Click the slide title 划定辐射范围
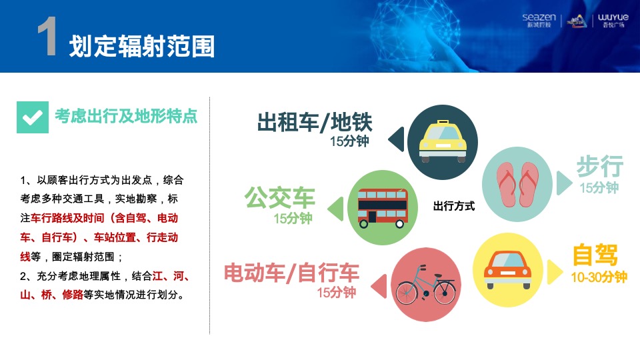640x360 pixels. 142,46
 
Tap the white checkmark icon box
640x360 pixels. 33,117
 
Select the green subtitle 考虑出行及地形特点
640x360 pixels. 126,117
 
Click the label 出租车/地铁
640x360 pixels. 315,123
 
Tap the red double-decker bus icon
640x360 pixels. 383,206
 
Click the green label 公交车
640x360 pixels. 279,197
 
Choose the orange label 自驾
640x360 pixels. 595,255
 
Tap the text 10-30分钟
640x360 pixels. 599,277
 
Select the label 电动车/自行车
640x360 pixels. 291,272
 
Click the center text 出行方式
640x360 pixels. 454,207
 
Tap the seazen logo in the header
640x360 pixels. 539,20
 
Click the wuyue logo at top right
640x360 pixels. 613,20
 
